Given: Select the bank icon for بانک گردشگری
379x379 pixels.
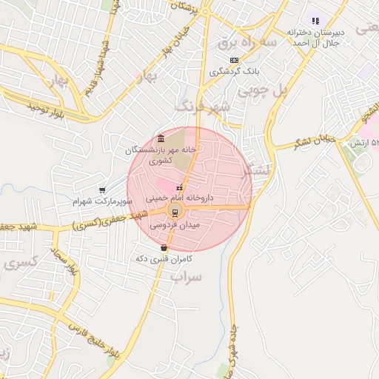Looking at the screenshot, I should click(235, 60).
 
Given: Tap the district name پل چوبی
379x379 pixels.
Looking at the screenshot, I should click(261, 92).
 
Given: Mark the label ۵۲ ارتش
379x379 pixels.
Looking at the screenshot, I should click(364, 141).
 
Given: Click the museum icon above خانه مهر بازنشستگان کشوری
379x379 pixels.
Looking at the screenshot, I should click(161, 137).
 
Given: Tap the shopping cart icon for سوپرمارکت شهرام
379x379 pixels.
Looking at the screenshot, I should click(101, 189).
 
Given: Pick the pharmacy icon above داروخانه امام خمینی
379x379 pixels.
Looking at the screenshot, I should click(178, 187).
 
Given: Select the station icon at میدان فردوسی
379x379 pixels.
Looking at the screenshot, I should click(175, 212).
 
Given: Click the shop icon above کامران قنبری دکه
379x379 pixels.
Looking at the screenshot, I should click(164, 247).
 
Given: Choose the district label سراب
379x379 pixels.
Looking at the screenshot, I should click(187, 277).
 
